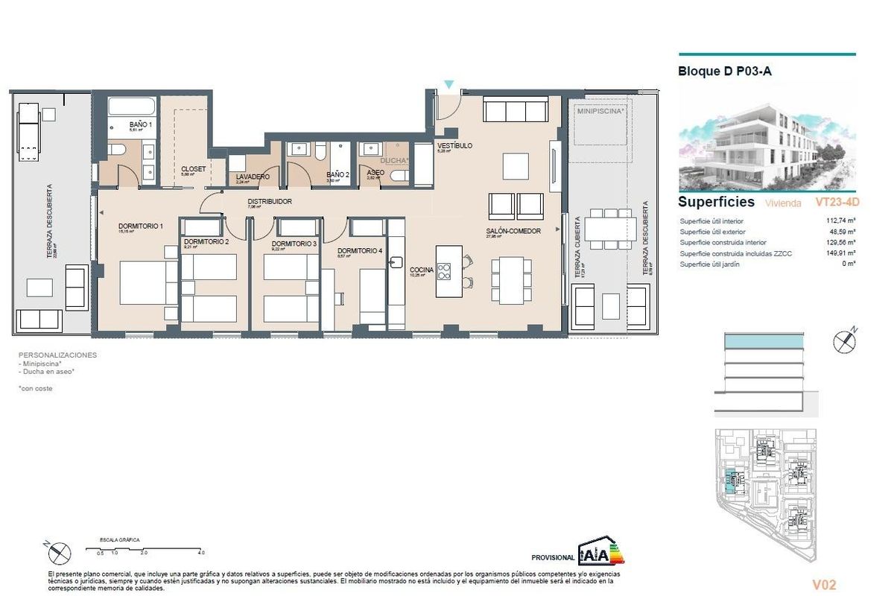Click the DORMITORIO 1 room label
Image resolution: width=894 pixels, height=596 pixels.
click(x=141, y=226)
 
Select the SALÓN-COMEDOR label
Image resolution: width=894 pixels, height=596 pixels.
click(x=513, y=231)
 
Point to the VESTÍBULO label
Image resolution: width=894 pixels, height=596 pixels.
click(x=454, y=146)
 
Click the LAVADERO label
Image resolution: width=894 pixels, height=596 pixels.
click(x=253, y=177)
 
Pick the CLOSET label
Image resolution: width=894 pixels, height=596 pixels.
click(x=193, y=169)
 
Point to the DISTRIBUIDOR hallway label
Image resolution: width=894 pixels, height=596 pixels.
click(x=269, y=202)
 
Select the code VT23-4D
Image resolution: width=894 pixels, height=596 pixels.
click(x=837, y=202)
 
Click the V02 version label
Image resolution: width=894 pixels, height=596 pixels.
click(x=823, y=585)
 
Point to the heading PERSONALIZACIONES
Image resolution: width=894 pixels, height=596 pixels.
click(x=57, y=355)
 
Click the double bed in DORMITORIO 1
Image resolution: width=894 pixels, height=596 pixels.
click(x=148, y=282)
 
